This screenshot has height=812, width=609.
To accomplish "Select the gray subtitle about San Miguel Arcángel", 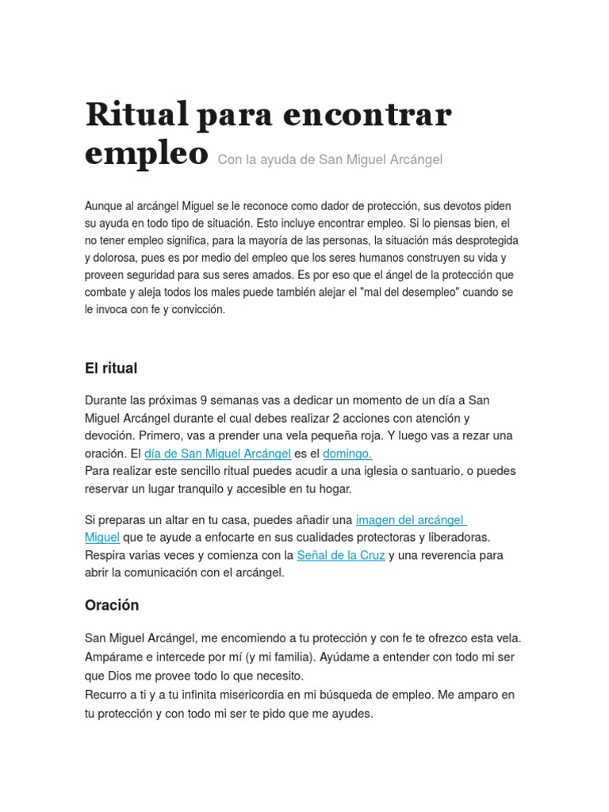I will (330, 159).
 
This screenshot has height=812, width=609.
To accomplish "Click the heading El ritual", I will (111, 368).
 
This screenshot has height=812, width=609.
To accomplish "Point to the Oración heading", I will (112, 605).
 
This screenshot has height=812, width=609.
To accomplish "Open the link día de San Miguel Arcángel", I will (217, 454).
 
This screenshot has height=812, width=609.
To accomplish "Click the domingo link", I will (347, 454).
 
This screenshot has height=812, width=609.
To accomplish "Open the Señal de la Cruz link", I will (341, 555).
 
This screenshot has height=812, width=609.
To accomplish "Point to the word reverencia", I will (442, 555).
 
